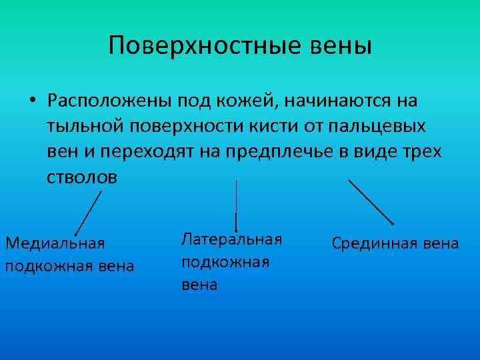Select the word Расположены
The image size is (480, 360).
tap(107, 101)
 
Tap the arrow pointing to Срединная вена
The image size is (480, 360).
tap(371, 201)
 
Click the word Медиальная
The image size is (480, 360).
tap(55, 243)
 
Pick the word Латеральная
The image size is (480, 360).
tap(231, 239)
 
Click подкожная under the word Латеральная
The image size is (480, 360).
tap(225, 262)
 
